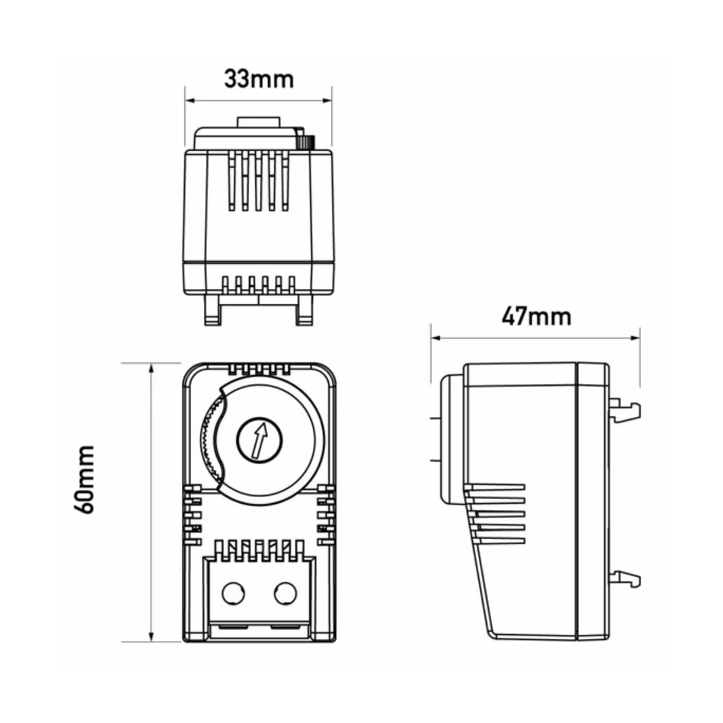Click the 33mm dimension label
(259, 79)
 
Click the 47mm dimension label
(536, 317)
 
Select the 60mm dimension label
(84, 479)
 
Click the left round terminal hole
(233, 593)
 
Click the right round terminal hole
(285, 593)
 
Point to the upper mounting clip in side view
(625, 408)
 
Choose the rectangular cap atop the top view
(259, 122)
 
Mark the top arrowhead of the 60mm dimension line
(151, 367)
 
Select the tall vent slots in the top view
(259, 181)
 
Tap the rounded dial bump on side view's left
(451, 440)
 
